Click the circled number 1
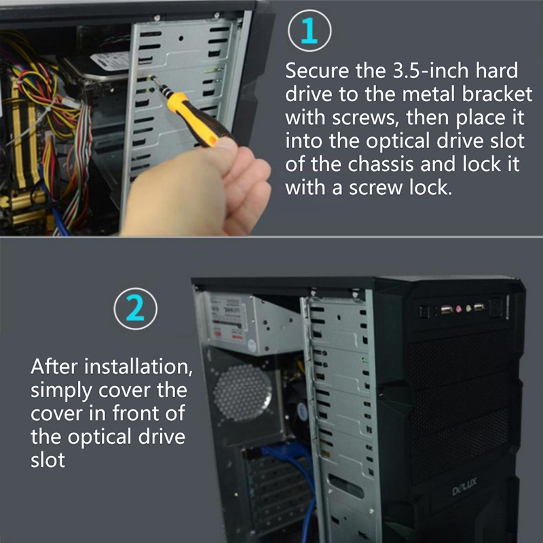[x=310, y=31]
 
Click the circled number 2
[x=135, y=309]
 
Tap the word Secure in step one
[x=317, y=71]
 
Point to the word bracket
[x=497, y=94]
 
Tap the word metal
[x=428, y=94]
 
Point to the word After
[x=54, y=367]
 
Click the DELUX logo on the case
[x=465, y=486]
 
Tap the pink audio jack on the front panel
[x=460, y=308]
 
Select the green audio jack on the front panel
[x=468, y=307]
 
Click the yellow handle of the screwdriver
[x=194, y=118]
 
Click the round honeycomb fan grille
[x=242, y=393]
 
